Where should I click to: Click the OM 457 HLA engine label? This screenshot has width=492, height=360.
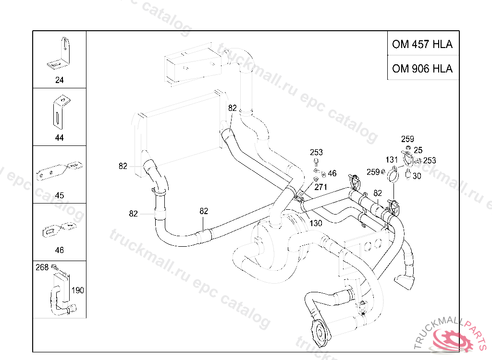[422, 44]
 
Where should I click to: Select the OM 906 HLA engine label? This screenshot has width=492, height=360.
[422, 68]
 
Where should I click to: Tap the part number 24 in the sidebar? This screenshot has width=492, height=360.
[59, 80]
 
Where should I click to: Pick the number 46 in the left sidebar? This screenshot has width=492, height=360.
[59, 250]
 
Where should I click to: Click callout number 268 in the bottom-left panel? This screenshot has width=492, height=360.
[42, 267]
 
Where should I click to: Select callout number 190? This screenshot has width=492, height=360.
[77, 290]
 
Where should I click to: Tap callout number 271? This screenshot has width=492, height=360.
[320, 187]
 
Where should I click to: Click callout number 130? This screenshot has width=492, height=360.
[316, 223]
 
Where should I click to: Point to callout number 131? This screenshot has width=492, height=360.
[392, 160]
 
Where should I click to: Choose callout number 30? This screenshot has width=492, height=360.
[417, 176]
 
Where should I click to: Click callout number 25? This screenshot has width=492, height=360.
[418, 150]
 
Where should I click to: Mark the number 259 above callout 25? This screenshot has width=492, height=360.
[407, 139]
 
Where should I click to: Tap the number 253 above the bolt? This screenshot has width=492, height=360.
[316, 153]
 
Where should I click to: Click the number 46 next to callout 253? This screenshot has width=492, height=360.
[332, 173]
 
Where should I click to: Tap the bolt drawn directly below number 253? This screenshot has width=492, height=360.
[316, 162]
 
